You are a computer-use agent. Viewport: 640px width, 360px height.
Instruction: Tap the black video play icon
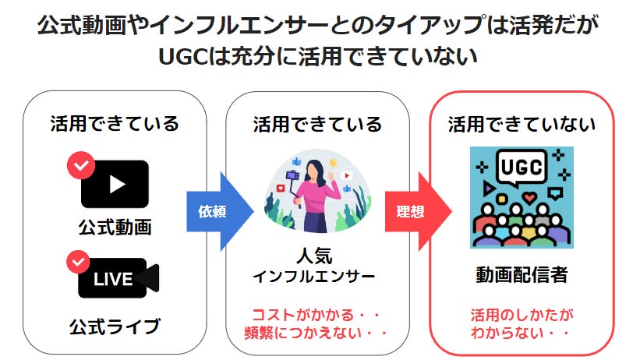(x=115, y=183)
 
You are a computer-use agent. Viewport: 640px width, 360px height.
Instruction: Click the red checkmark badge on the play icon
(x=80, y=165)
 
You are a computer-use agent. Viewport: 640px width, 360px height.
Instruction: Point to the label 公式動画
(x=115, y=228)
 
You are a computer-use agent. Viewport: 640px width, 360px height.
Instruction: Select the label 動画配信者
(x=521, y=274)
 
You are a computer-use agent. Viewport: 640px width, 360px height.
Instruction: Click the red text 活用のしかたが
(x=521, y=316)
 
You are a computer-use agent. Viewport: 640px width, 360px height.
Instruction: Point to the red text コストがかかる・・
(x=316, y=316)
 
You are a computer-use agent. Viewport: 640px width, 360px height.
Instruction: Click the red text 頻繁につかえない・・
(x=316, y=334)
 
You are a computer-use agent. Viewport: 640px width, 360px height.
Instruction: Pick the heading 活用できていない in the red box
(x=522, y=124)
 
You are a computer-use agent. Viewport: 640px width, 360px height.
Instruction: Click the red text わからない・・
(x=521, y=334)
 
